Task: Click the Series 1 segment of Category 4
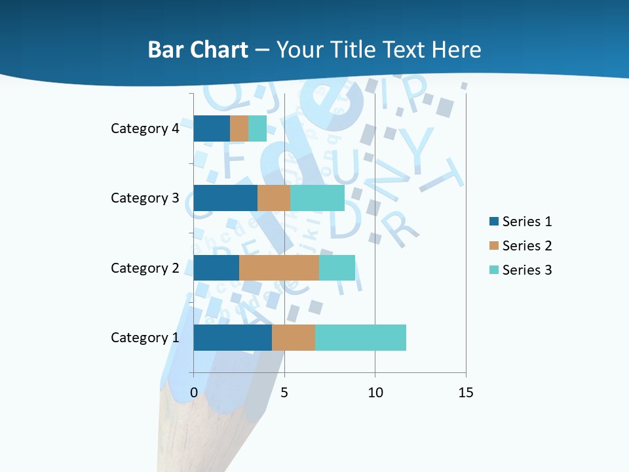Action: tap(212, 128)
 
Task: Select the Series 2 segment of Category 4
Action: tap(239, 128)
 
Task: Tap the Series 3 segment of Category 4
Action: tap(257, 128)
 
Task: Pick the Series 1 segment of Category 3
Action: tap(225, 198)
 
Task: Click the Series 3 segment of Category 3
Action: tap(317, 198)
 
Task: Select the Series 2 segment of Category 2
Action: tap(279, 267)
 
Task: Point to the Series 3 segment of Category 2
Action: tap(337, 267)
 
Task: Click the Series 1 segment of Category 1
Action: tap(233, 338)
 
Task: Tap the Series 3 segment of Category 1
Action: tap(360, 338)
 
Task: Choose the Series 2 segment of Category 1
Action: tap(294, 338)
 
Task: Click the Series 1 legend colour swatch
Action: tap(493, 222)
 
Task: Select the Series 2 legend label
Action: tap(527, 246)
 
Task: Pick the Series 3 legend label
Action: tap(527, 270)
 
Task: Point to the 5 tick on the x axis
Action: tap(284, 393)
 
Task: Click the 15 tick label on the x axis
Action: tap(466, 393)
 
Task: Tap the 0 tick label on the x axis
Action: tap(194, 393)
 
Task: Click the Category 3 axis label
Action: tap(145, 198)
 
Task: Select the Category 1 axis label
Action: tap(145, 338)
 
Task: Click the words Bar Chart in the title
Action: tap(198, 50)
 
